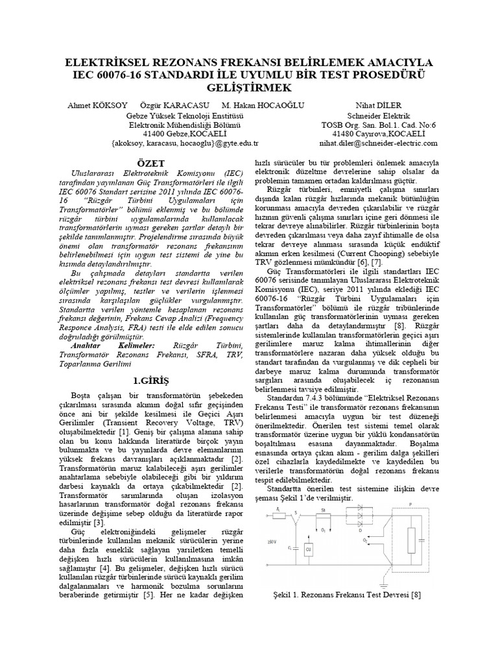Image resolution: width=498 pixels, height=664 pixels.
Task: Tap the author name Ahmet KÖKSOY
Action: [89, 106]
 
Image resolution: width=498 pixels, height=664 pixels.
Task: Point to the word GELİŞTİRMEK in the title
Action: [249, 88]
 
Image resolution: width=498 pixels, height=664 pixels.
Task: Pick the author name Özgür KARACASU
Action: [177, 106]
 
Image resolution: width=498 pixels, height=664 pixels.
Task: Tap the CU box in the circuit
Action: [308, 549]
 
